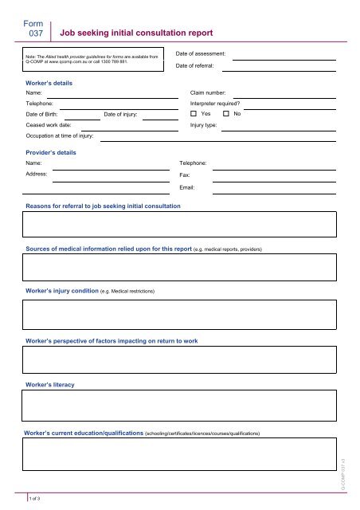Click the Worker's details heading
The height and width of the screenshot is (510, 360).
(x=50, y=82)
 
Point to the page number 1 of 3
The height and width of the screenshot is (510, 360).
(x=35, y=498)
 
